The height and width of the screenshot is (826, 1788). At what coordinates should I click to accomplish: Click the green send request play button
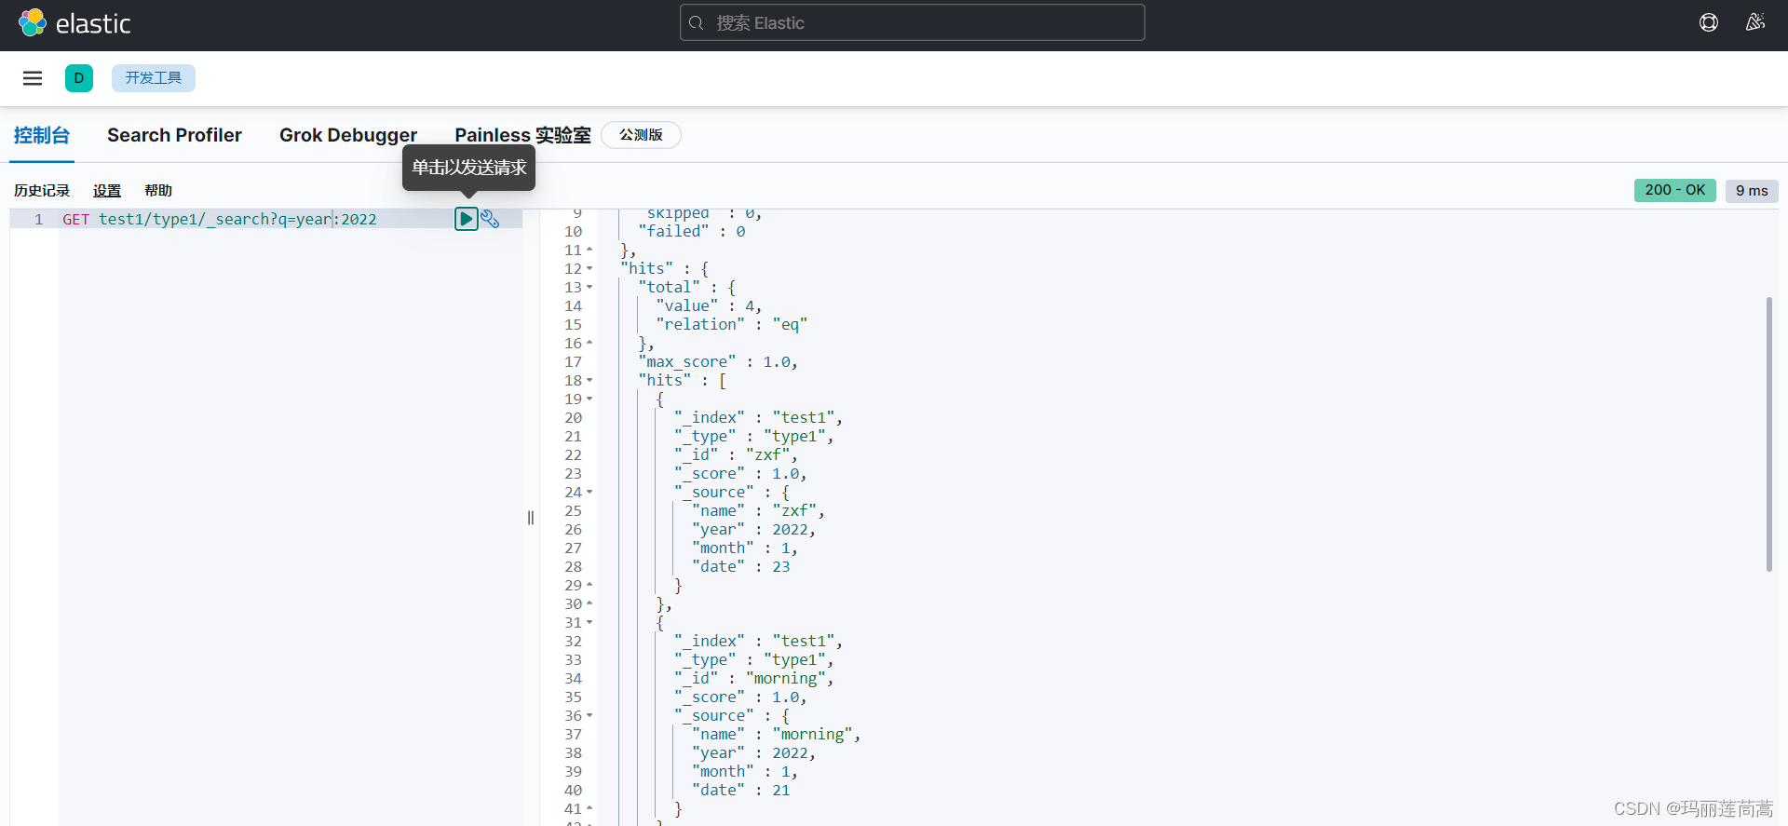tap(466, 219)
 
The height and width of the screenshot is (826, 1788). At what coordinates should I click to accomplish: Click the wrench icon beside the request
tap(491, 219)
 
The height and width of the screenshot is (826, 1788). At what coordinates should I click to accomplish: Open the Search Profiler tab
tap(174, 135)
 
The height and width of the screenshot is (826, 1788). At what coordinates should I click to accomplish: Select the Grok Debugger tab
tap(347, 135)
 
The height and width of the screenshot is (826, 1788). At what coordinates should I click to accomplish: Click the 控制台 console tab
tap(42, 135)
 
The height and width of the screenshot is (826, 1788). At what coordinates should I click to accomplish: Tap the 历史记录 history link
tap(42, 191)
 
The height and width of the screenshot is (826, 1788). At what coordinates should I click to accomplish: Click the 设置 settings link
tap(107, 191)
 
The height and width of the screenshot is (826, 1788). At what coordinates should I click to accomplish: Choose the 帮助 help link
tap(158, 191)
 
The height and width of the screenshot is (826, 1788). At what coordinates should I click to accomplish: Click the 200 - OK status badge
tap(1674, 190)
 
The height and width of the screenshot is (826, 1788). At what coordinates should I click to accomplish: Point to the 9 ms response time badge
tap(1751, 191)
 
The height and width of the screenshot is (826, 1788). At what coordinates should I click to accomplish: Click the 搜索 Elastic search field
tap(913, 22)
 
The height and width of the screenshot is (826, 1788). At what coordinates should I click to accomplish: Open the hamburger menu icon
tap(33, 78)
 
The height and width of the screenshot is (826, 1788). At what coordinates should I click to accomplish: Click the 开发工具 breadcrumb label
tap(154, 78)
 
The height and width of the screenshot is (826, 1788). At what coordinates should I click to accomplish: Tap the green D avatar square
tap(79, 78)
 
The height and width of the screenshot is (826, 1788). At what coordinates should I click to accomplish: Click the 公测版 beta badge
tap(642, 135)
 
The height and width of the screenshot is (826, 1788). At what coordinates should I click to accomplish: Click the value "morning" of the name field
tap(812, 735)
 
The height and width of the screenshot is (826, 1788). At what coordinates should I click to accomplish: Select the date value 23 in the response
tap(780, 567)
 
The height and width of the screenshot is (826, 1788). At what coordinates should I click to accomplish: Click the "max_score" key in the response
tap(687, 362)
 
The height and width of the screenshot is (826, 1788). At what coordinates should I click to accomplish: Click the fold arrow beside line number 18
tap(589, 380)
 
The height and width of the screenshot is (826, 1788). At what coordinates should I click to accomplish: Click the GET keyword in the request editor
tap(75, 220)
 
